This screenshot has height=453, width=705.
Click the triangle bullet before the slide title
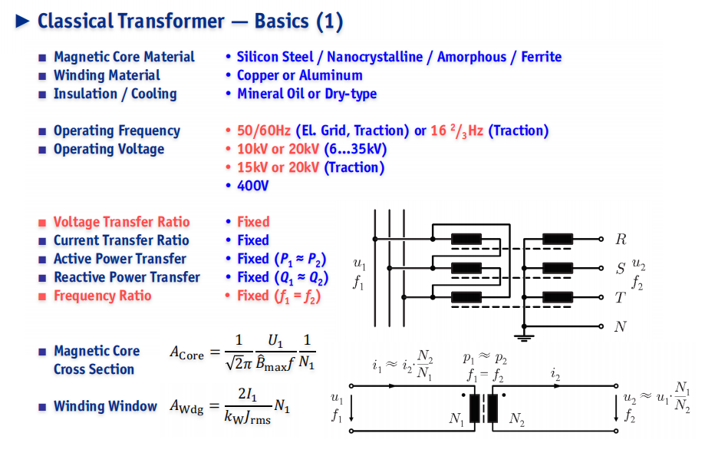click(x=22, y=21)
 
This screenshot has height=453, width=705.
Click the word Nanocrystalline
click(x=374, y=57)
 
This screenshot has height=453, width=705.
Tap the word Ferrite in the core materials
click(x=542, y=57)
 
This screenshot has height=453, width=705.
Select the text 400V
click(x=252, y=186)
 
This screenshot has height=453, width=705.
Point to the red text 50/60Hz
click(x=264, y=131)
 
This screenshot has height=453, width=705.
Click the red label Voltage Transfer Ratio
click(x=121, y=222)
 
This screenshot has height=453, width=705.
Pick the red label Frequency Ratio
click(x=103, y=296)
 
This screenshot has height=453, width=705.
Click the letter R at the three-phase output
click(x=621, y=239)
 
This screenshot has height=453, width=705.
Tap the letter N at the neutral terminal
click(x=621, y=326)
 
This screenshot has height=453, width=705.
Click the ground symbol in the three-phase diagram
click(x=524, y=337)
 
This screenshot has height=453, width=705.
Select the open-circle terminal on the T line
click(x=601, y=297)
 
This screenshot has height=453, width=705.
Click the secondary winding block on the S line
click(x=558, y=268)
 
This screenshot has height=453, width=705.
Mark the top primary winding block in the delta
click(x=466, y=239)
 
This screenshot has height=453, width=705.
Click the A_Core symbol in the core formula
click(x=186, y=352)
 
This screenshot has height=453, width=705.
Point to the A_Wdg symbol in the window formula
click(x=186, y=407)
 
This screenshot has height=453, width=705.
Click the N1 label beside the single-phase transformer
click(x=456, y=419)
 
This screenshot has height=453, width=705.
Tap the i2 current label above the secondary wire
click(x=555, y=374)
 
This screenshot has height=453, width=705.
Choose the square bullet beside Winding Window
click(x=42, y=407)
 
